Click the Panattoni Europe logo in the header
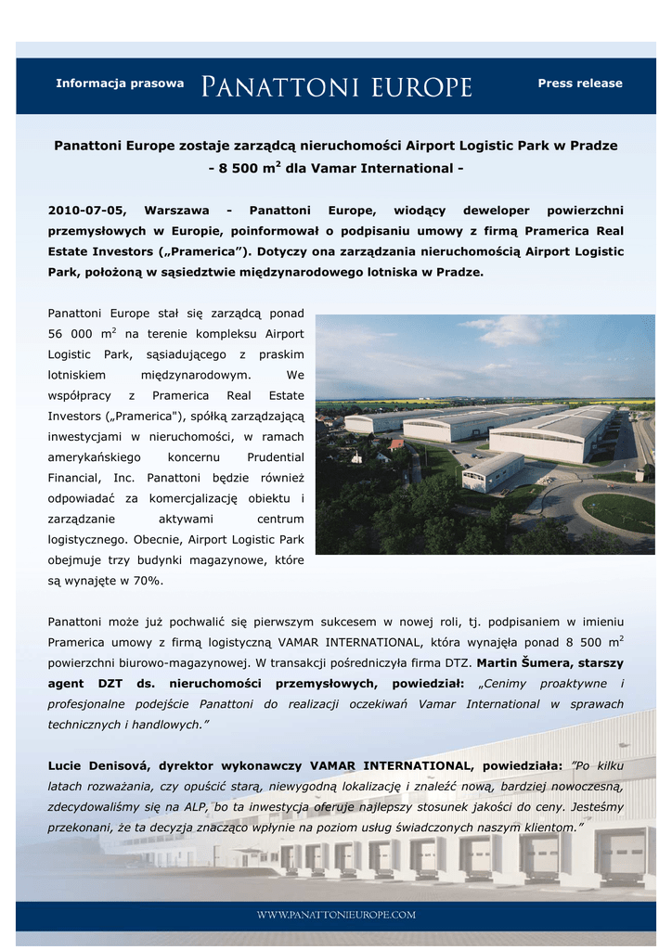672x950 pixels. tap(337, 86)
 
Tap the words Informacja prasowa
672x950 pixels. tap(120, 83)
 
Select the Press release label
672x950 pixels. tap(580, 83)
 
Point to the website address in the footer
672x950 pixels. tap(336, 915)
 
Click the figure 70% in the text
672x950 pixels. tap(146, 580)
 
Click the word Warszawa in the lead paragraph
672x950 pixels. tap(176, 211)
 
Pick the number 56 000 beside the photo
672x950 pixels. tap(73, 334)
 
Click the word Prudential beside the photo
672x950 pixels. tap(276, 457)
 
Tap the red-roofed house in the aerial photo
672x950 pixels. tap(397, 445)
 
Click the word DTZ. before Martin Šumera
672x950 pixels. tap(459, 663)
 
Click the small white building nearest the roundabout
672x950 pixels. tap(492, 471)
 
